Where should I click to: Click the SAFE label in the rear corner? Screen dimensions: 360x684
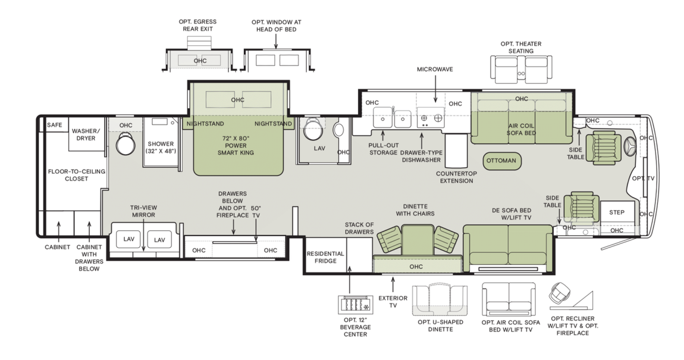tap(55, 125)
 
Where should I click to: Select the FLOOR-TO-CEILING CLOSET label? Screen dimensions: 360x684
tap(77, 175)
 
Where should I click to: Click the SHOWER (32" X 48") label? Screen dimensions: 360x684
tap(161, 147)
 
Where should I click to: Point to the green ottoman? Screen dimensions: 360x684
tap(501, 161)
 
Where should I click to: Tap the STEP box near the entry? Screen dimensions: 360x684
tap(617, 212)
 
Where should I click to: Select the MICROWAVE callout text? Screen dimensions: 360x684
tap(435, 70)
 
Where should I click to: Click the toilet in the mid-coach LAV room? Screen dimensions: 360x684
tap(312, 128)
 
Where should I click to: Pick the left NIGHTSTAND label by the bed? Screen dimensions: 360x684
tap(205, 124)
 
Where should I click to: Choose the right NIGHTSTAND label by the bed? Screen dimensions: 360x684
tap(273, 124)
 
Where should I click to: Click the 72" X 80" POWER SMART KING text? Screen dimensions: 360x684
tap(236, 145)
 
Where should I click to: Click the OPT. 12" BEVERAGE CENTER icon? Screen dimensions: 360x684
tap(354, 305)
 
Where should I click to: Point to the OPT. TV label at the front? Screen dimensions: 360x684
tap(643, 178)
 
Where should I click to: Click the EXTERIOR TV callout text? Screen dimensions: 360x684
tap(393, 302)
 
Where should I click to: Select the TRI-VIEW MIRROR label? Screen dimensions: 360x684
tap(143, 211)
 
